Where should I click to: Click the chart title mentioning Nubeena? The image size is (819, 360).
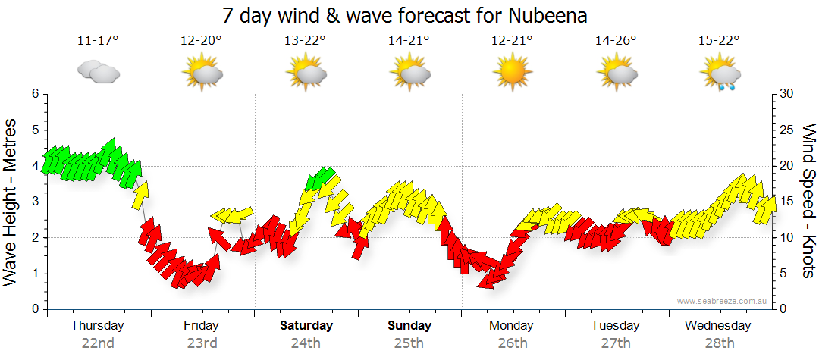[x=406, y=15]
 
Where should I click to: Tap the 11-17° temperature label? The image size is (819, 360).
[x=98, y=41]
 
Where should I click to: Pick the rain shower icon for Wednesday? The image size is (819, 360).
[x=718, y=75]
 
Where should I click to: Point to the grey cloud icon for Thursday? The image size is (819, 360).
[x=98, y=73]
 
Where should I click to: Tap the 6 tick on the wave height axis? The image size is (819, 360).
[x=34, y=94]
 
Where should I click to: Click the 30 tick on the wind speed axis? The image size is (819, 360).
[x=788, y=94]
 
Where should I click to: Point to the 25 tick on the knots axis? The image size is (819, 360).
[x=788, y=130]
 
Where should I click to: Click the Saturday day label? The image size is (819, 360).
[x=306, y=326]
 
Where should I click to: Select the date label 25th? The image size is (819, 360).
[x=409, y=343]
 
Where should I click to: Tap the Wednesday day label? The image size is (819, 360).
[x=717, y=326]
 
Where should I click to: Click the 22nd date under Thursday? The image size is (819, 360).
[x=98, y=343]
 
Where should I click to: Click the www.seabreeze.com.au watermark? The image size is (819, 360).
[x=723, y=302]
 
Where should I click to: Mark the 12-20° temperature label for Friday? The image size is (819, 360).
[x=201, y=41]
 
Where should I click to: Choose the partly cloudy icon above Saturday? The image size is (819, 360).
[x=306, y=74]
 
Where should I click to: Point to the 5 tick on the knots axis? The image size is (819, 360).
[x=785, y=274]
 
